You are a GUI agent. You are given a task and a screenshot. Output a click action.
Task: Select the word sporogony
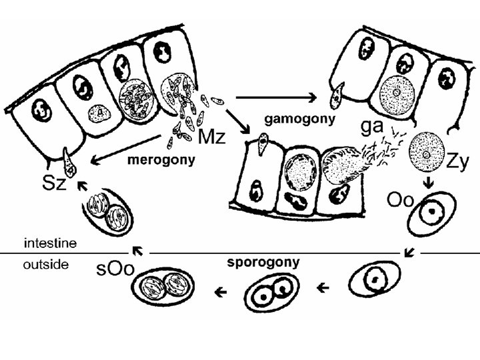click(263, 262)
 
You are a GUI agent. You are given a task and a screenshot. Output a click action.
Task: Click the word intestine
click(51, 243)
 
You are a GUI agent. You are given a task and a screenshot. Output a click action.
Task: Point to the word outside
click(46, 265)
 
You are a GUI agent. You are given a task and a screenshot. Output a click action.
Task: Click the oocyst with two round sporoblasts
click(272, 291)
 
